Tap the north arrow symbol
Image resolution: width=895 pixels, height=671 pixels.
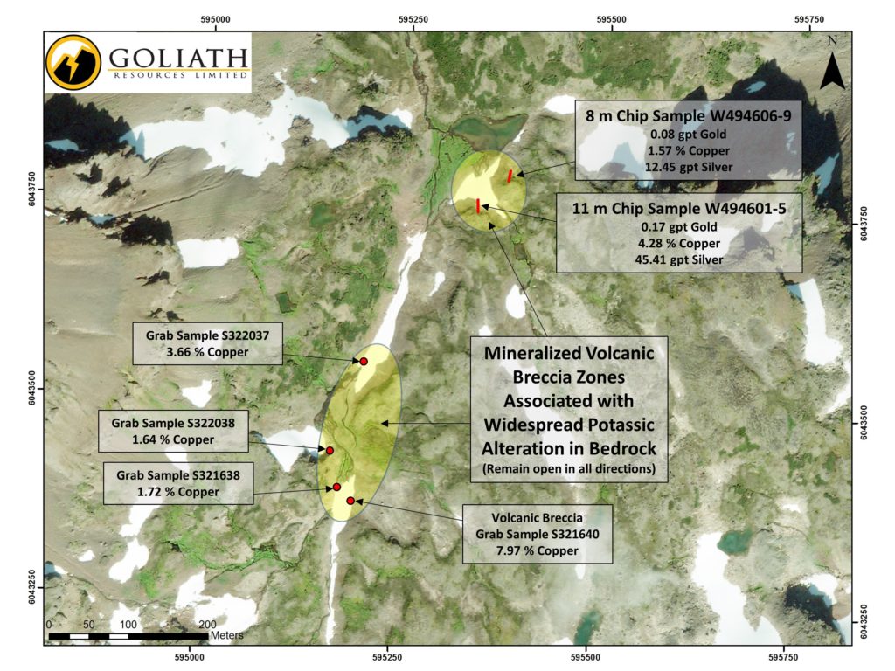(832, 65)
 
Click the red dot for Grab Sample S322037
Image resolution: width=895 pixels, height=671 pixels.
(364, 361)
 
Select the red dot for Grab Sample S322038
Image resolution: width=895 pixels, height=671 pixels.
(330, 450)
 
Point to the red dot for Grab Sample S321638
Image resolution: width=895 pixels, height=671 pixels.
(336, 487)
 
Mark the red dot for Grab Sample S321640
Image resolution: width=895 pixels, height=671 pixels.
(350, 501)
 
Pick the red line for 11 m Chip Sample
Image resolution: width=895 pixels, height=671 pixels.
(478, 205)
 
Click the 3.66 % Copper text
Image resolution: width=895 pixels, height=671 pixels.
(206, 352)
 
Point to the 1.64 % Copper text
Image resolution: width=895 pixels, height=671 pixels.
(173, 439)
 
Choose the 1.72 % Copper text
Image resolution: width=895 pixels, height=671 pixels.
(178, 492)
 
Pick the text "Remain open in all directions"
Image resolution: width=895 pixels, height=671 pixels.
(568, 468)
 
